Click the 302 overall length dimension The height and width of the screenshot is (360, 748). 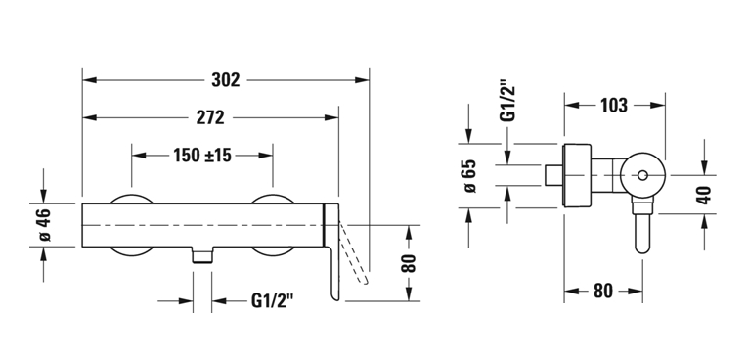(x=226, y=80)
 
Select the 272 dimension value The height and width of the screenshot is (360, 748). (x=210, y=117)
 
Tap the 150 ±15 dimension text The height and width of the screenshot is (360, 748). (x=201, y=156)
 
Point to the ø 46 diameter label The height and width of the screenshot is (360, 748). (x=44, y=225)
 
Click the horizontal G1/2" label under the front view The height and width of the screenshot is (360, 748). (x=272, y=300)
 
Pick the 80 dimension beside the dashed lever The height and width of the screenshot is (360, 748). (x=409, y=263)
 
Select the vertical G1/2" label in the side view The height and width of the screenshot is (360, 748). (x=508, y=104)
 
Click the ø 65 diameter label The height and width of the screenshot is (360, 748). (x=470, y=176)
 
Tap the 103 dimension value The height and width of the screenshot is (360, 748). (x=613, y=105)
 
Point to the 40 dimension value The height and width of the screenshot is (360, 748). (x=704, y=195)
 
